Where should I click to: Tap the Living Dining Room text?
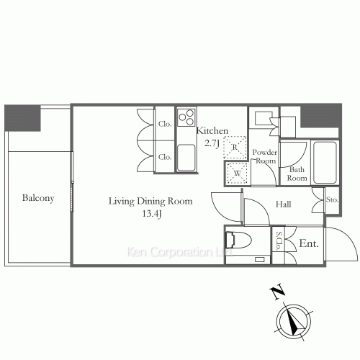(x=150, y=201)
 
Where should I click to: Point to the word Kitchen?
(x=213, y=131)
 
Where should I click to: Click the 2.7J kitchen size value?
(x=213, y=143)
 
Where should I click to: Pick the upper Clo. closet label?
(x=164, y=124)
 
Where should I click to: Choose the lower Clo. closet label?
(x=164, y=157)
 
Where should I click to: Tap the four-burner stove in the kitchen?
(x=186, y=117)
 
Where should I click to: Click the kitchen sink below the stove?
(x=186, y=156)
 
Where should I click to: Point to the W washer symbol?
(x=235, y=172)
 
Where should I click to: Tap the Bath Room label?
(x=298, y=174)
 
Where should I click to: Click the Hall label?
(x=283, y=204)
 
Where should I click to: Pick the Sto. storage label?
(x=333, y=199)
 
